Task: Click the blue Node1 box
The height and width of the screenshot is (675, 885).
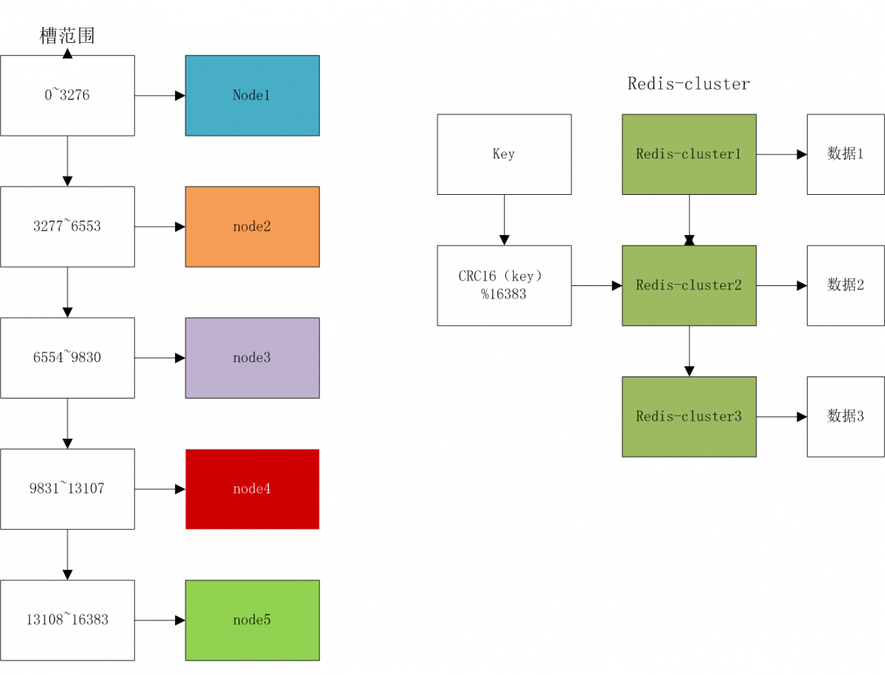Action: pyautogui.click(x=252, y=95)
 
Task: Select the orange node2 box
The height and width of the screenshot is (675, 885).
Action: pyautogui.click(x=252, y=227)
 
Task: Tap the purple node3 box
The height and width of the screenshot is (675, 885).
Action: pyautogui.click(x=252, y=358)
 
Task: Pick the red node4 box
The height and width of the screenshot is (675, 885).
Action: pyautogui.click(x=252, y=489)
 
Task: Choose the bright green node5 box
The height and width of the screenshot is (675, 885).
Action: pyautogui.click(x=252, y=620)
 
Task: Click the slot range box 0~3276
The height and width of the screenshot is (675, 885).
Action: pyautogui.click(x=67, y=95)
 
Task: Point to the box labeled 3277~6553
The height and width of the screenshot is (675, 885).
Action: pyautogui.click(x=67, y=227)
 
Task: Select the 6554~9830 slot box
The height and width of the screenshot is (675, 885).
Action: pyautogui.click(x=67, y=358)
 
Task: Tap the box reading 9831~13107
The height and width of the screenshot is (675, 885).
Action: pyautogui.click(x=67, y=489)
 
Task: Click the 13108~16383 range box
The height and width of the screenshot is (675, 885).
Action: pyautogui.click(x=67, y=620)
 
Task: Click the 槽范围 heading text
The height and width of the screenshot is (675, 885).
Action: pyautogui.click(x=67, y=36)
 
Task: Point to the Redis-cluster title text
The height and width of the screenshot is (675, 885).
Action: pyautogui.click(x=689, y=84)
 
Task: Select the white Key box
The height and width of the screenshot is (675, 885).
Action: pyautogui.click(x=504, y=154)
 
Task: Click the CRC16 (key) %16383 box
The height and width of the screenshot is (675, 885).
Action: pyautogui.click(x=504, y=285)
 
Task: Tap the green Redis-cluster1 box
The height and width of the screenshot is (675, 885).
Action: pyautogui.click(x=689, y=154)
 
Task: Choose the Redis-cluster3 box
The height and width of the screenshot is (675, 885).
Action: pyautogui.click(x=689, y=417)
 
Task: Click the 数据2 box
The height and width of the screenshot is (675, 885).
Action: pyautogui.click(x=846, y=285)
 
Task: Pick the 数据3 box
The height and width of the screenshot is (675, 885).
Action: pyautogui.click(x=846, y=417)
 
